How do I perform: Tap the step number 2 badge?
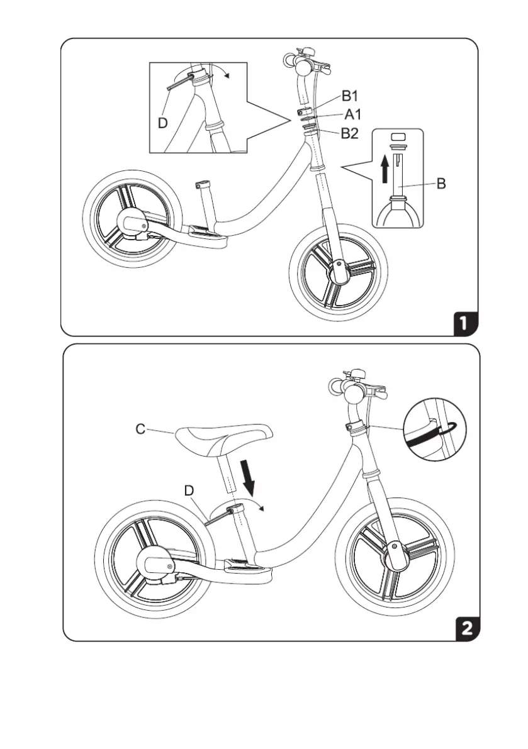[x=466, y=628]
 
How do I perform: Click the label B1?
[x=350, y=96]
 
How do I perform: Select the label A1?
[x=352, y=114]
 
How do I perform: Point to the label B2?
[x=350, y=133]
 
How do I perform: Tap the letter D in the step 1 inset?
[x=162, y=124]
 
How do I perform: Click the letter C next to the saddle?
[x=140, y=430]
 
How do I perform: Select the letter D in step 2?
[x=189, y=490]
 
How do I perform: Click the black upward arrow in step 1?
[x=385, y=169]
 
